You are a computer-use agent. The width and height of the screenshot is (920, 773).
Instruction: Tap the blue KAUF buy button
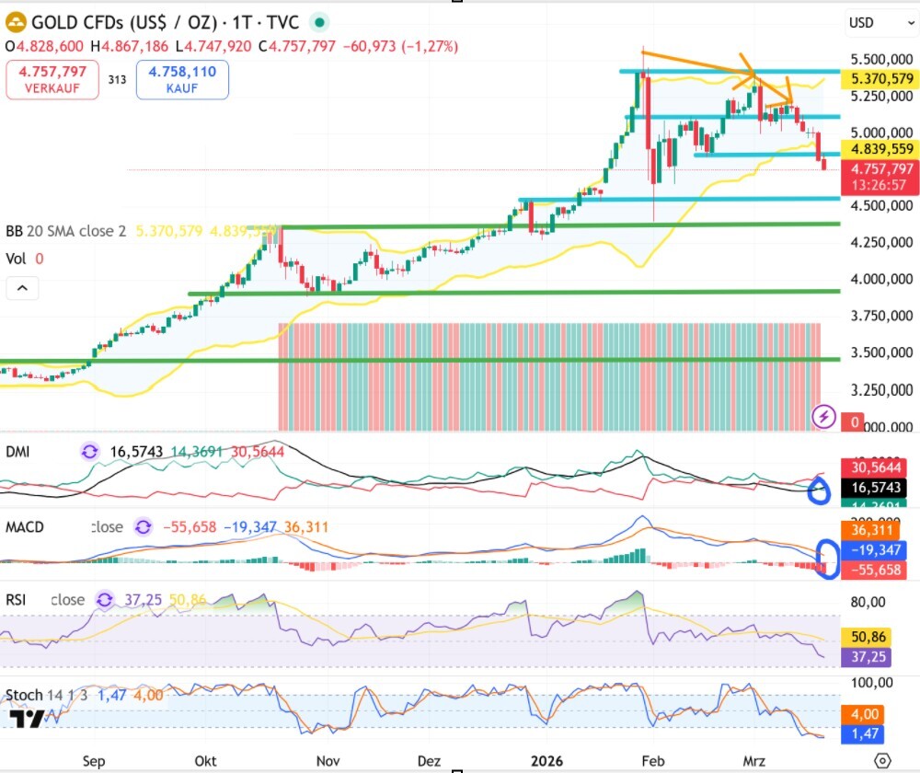pyautogui.click(x=181, y=79)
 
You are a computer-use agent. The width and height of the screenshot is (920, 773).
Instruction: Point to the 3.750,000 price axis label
pyautogui.click(x=882, y=316)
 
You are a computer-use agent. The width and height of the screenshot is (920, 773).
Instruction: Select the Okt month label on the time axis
pyautogui.click(x=206, y=761)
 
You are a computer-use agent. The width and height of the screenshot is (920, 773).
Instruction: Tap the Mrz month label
pyautogui.click(x=753, y=761)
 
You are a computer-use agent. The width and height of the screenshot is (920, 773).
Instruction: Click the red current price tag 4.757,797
pyautogui.click(x=882, y=168)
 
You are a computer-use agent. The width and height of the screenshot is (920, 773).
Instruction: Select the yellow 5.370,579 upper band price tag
pyautogui.click(x=882, y=80)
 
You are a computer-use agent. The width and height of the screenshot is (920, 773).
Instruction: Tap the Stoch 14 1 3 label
pyautogui.click(x=46, y=695)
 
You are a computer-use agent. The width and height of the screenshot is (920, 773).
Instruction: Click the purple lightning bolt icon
pyautogui.click(x=824, y=417)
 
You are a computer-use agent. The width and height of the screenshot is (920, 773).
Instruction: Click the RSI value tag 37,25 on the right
pyautogui.click(x=868, y=656)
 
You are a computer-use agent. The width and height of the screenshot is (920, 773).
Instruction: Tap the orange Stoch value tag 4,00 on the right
pyautogui.click(x=868, y=714)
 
